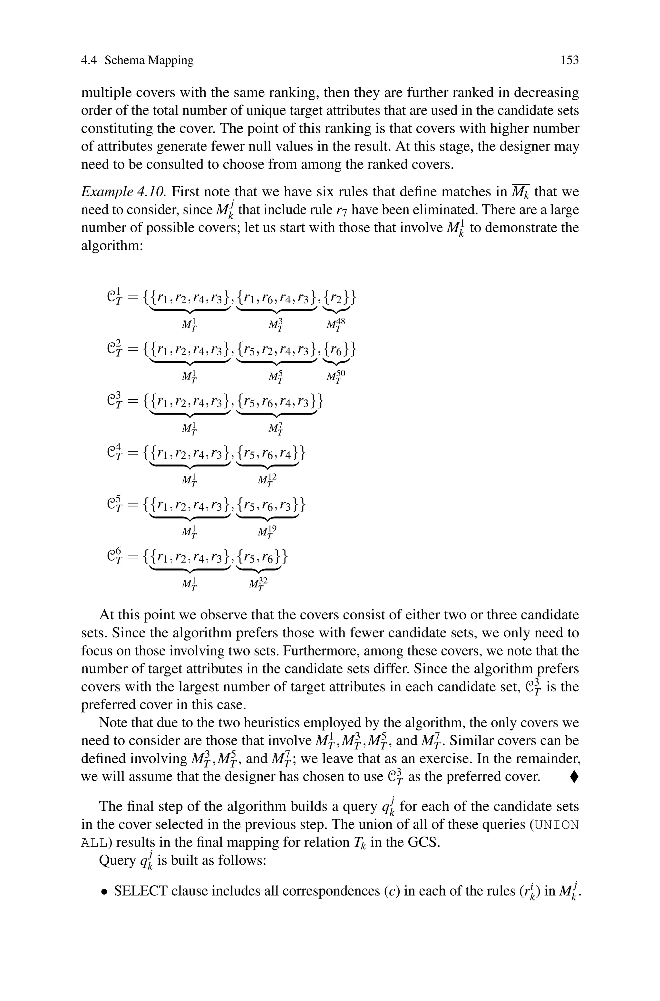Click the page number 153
[x=569, y=61]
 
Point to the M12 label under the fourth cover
[x=267, y=480]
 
